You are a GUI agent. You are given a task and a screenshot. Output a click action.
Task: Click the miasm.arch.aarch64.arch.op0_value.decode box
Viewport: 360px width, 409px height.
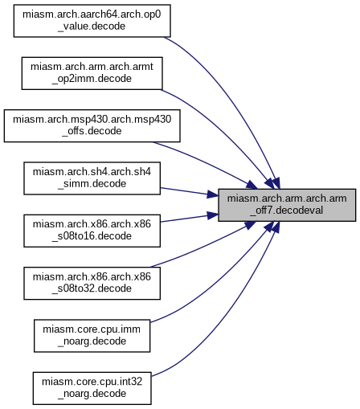(92, 21)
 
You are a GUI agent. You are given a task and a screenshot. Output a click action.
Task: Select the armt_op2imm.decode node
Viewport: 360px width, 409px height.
(92, 73)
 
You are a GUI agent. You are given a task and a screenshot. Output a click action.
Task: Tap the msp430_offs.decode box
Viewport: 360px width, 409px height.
(92, 125)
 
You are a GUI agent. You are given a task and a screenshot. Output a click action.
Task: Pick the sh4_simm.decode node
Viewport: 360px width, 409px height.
(92, 178)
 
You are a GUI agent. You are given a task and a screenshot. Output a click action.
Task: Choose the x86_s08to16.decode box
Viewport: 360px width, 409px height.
(92, 231)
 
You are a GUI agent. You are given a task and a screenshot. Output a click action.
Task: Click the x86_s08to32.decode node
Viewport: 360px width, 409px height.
(92, 283)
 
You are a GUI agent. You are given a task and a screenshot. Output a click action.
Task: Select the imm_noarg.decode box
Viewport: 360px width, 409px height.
(92, 336)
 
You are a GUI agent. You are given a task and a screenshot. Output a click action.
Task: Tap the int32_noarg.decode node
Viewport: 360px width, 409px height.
(92, 388)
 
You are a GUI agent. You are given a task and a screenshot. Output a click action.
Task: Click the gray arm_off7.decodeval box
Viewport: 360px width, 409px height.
(287, 205)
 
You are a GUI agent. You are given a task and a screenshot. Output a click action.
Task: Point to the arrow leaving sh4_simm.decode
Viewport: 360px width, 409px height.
(190, 192)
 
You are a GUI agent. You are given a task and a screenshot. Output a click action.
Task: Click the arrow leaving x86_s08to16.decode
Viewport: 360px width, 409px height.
(190, 218)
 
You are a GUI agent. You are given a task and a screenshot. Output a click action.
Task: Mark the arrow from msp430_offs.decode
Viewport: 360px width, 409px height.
(207, 163)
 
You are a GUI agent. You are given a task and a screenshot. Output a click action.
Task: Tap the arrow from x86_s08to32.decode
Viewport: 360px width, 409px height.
(207, 247)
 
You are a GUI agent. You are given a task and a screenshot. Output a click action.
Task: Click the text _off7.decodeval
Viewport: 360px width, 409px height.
(287, 211)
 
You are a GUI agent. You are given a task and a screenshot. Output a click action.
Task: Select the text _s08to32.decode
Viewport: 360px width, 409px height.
(92, 288)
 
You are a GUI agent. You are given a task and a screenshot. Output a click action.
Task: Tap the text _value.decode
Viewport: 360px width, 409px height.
(92, 27)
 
